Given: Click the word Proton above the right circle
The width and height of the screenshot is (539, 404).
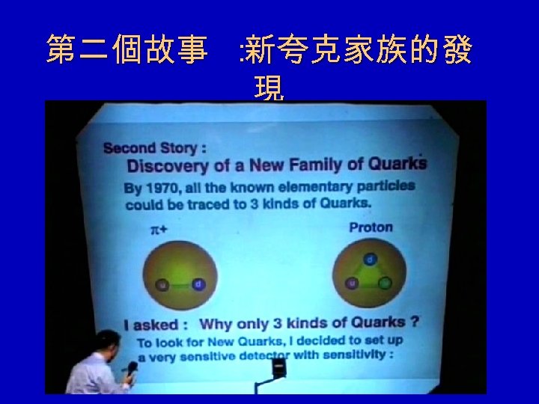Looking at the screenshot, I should (x=371, y=227).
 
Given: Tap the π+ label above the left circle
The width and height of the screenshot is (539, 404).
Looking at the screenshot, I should (x=158, y=231).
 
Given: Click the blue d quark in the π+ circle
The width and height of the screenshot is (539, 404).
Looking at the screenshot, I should (x=198, y=284).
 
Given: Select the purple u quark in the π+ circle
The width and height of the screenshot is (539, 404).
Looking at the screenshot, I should (x=161, y=285).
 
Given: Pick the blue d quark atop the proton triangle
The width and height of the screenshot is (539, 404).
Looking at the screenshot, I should (x=370, y=260).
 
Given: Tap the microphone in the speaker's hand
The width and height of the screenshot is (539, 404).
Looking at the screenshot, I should (x=132, y=369).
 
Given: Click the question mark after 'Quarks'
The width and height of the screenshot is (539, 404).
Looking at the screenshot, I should (x=414, y=322).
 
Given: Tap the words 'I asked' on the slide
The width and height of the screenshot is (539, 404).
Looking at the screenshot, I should (x=151, y=325).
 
